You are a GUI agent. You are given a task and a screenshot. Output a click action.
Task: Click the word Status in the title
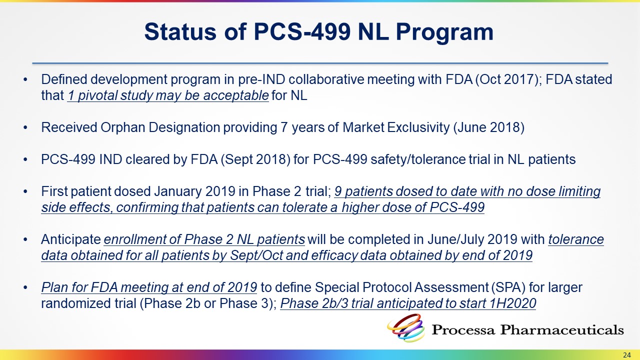coord(180,31)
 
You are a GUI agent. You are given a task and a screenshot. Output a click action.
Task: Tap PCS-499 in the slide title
coord(302,31)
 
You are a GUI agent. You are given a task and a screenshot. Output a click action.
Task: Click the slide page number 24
coord(626,354)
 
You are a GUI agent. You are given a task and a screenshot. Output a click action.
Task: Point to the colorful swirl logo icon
coord(405,327)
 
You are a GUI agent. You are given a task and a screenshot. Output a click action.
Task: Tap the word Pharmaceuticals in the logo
coord(561,329)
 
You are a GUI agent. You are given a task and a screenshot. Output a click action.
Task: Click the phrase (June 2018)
coord(489,127)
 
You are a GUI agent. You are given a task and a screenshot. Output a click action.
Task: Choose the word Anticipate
coord(71,239)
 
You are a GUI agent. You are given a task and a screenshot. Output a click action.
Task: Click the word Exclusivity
coord(418,127)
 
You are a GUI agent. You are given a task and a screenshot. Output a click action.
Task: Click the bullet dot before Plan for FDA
coord(25,287)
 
